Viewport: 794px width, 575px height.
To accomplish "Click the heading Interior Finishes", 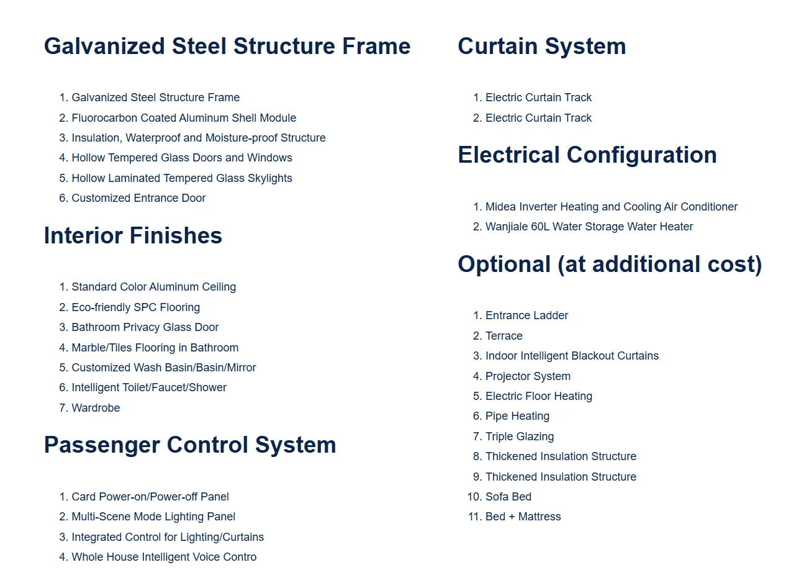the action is (x=133, y=236).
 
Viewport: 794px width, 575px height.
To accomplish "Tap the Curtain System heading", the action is (x=541, y=47).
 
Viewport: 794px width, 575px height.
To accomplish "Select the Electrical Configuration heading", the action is (x=587, y=155).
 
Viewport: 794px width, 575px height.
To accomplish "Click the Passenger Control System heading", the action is (x=190, y=445).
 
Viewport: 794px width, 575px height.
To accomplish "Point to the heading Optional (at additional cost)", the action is (x=609, y=265).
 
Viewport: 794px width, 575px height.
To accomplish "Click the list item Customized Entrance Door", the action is (x=138, y=198).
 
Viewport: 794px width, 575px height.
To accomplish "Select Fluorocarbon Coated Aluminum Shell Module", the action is (x=184, y=118).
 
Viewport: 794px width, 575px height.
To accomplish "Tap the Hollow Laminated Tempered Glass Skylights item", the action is (x=182, y=178).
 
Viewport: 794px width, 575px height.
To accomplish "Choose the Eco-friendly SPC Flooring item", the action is (x=135, y=307).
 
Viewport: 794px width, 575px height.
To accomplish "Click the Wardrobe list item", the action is (x=96, y=408).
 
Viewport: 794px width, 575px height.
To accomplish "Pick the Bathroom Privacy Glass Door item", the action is (x=145, y=327).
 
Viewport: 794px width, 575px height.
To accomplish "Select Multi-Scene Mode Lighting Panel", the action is (x=153, y=517).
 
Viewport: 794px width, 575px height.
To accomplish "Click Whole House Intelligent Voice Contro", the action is (x=164, y=557).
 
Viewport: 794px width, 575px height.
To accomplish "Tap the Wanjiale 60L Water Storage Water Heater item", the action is (x=589, y=227).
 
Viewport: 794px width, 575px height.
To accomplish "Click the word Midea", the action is (x=500, y=207).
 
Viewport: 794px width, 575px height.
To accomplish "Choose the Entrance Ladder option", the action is (x=526, y=315).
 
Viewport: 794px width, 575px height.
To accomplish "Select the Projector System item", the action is (x=528, y=376).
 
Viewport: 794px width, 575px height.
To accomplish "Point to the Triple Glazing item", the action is (x=520, y=437).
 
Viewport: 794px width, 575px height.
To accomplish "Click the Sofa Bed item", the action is (x=508, y=497).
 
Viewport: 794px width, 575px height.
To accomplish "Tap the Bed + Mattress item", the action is (x=523, y=517).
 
